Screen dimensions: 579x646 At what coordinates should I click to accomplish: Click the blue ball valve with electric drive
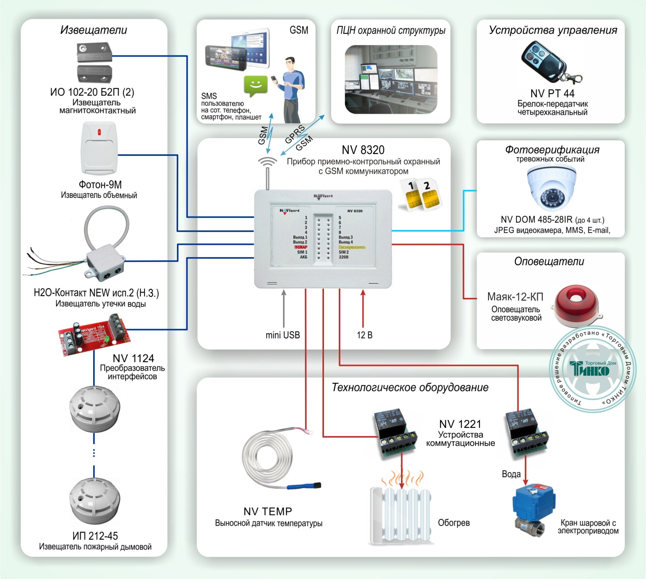point(534,507)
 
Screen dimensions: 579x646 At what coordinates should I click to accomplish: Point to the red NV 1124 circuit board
point(94,336)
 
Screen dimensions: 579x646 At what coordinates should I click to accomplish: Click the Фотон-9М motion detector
point(99,148)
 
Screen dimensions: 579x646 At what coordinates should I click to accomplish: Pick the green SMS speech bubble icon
point(255,86)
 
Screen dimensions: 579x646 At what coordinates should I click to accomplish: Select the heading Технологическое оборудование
point(410,387)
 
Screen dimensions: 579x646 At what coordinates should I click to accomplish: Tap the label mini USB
point(283,335)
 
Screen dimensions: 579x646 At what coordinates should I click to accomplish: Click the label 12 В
point(364,335)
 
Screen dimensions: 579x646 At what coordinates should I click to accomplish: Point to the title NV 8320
point(363,150)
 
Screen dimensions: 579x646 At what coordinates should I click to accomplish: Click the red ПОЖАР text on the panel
point(301,247)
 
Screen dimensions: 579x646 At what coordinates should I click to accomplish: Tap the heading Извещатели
point(94,30)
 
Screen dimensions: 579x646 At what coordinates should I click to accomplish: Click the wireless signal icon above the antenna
point(267,161)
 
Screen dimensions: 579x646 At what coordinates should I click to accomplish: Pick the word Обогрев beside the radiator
point(453,522)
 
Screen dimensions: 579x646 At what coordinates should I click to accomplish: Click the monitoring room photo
point(391,79)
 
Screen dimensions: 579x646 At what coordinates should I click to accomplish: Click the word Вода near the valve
point(511,474)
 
